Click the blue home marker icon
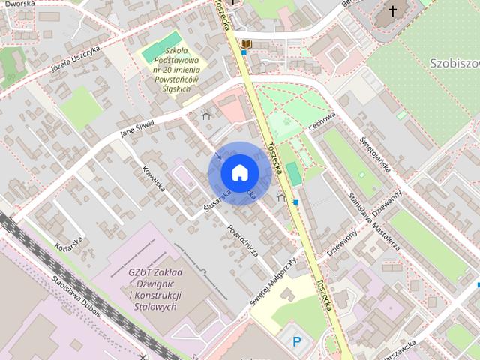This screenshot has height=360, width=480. point(239,173)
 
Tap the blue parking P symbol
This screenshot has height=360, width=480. point(297,342)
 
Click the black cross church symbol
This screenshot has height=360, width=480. point(392,11)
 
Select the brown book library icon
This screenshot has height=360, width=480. point(246,46)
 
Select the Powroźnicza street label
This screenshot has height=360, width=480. point(243,240)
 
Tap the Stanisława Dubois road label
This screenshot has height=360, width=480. point(74,288)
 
